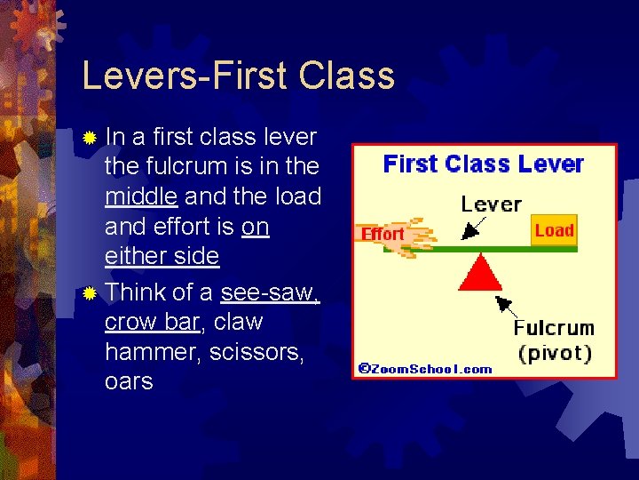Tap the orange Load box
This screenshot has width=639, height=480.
click(554, 230)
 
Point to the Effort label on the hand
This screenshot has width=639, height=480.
click(383, 234)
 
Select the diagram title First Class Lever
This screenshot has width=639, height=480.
click(483, 164)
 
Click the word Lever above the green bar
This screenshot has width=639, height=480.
click(491, 204)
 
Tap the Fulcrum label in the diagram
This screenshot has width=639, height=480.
click(554, 328)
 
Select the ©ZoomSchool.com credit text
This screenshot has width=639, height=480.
click(424, 368)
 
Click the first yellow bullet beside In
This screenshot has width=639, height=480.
click(89, 139)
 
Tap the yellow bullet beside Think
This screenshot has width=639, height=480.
click(89, 293)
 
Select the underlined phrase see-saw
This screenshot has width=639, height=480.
click(270, 292)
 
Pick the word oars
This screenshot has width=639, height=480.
click(129, 382)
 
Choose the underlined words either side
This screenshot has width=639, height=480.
click(162, 257)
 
